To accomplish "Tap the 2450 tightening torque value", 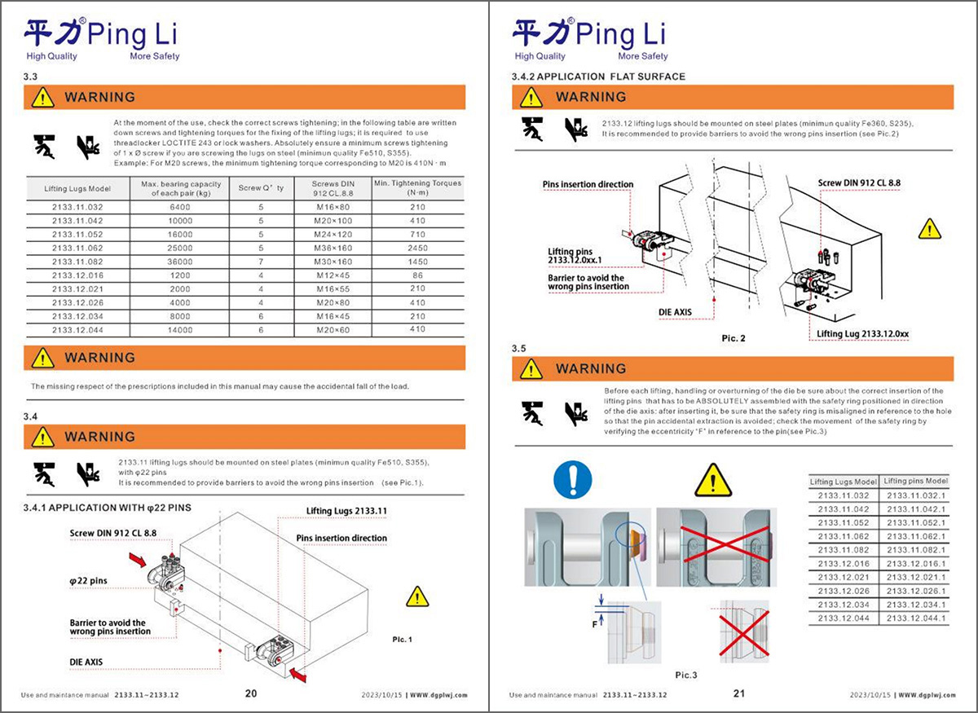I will tap(417, 247).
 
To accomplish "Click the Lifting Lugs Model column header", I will tap(77, 188).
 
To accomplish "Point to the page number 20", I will tap(251, 693).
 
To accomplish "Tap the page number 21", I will tap(739, 693).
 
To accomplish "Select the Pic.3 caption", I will tap(687, 675).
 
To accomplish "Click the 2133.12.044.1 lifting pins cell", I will tap(917, 618).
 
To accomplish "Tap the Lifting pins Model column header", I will tap(917, 481).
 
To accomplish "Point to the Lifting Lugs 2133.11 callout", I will tap(346, 511).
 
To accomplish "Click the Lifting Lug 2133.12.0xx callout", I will tap(865, 334).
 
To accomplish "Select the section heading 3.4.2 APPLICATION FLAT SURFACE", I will tap(598, 77).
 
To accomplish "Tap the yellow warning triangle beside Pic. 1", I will tap(417, 596).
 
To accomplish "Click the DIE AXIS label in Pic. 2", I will tap(675, 312).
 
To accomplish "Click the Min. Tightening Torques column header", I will tap(417, 188).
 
